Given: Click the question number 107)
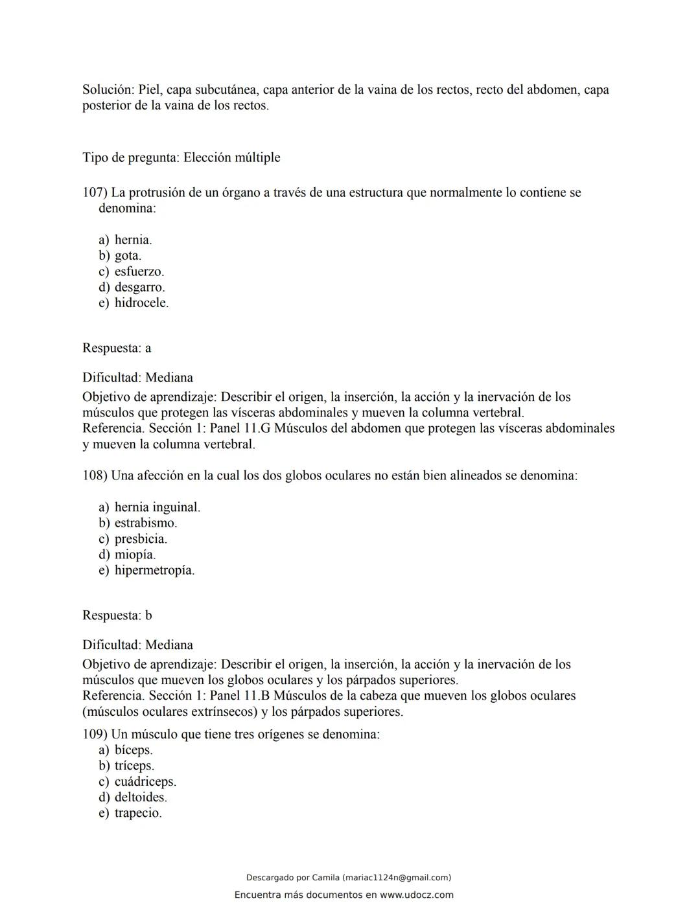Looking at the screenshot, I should coord(95,192).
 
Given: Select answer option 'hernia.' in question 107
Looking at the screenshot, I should coord(133,240).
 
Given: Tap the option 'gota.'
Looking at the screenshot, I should coord(128,255).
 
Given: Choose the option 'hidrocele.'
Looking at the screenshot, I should coord(141,303).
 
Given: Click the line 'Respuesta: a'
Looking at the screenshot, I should coord(117,348).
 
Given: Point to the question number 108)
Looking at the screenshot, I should coord(95,475).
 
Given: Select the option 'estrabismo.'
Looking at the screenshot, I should coord(146,523).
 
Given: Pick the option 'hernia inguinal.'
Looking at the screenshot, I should coord(157,507).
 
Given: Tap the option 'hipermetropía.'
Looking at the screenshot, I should coord(154,570).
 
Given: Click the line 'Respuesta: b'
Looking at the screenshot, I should coord(117,615).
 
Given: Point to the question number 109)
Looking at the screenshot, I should coord(95,734).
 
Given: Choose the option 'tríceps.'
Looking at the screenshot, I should coord(134,766).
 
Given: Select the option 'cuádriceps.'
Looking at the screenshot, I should coord(145,781).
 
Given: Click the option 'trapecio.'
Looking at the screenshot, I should coord(138,813).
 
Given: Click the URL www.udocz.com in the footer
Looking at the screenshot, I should coord(417,895).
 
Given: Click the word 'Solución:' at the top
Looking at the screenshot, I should coord(108,89).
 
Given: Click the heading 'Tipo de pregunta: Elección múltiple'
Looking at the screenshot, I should coord(181,157).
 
